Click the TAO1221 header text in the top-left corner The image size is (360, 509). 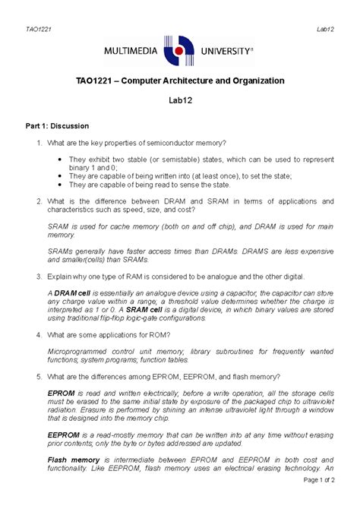pyautogui.click(x=33, y=8)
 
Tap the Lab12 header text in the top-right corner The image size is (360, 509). pyautogui.click(x=327, y=8)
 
